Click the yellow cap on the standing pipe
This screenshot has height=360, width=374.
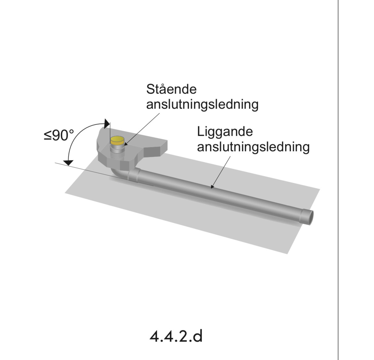pos(117,140)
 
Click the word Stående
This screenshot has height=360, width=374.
pos(171,89)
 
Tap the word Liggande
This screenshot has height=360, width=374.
pos(225,132)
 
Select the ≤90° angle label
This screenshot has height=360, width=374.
pos(59,135)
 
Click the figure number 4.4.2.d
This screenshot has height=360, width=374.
pos(176,336)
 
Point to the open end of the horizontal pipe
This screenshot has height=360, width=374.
pos(309,217)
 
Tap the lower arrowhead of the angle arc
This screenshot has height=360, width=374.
pos(68,162)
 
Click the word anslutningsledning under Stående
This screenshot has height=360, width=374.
pos(202,104)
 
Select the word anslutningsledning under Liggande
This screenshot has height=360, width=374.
pos(253,147)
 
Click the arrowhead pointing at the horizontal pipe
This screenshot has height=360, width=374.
pos(212,186)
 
